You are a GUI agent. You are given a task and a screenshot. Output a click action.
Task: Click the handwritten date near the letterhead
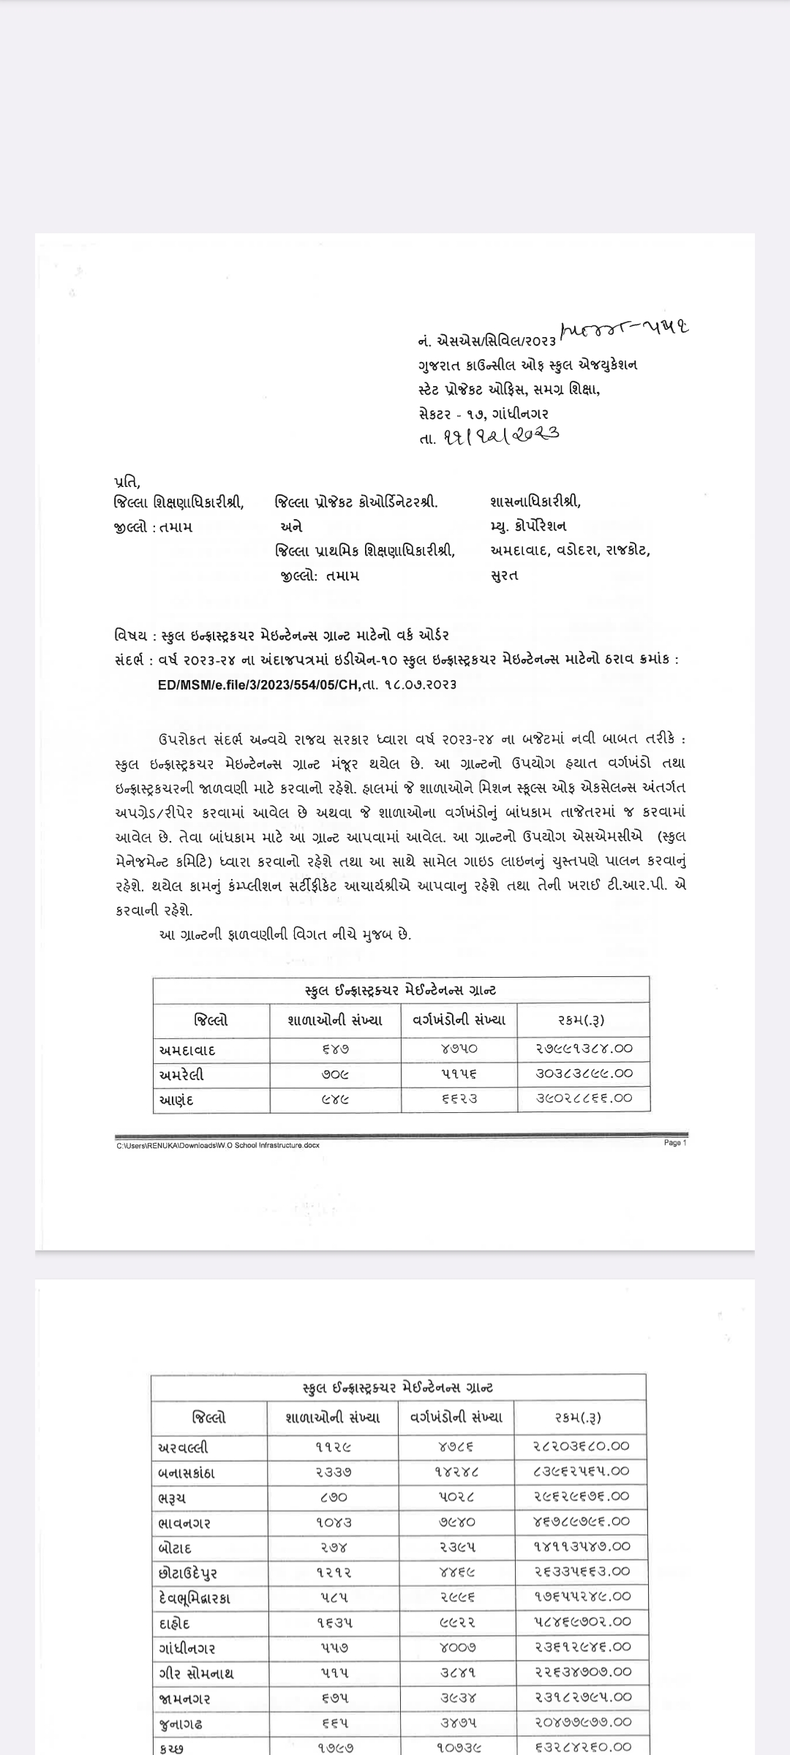click(502, 436)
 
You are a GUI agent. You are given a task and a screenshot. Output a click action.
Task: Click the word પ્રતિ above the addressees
click(127, 482)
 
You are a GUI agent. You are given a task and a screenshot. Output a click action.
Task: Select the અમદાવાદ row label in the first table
click(187, 1050)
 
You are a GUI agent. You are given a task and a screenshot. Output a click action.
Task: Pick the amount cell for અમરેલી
click(584, 1074)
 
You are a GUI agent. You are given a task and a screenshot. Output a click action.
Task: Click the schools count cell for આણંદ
click(336, 1098)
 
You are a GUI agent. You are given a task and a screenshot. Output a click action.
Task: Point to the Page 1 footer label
click(674, 1143)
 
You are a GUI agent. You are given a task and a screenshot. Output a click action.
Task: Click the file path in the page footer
click(218, 1145)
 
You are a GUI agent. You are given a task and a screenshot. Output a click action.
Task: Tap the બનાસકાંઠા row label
click(187, 1472)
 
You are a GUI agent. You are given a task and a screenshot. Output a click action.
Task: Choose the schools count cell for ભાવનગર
click(334, 1522)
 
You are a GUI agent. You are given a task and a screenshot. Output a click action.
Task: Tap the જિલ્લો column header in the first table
click(211, 1020)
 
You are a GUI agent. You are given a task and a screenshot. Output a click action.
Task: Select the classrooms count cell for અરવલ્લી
click(458, 1446)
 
